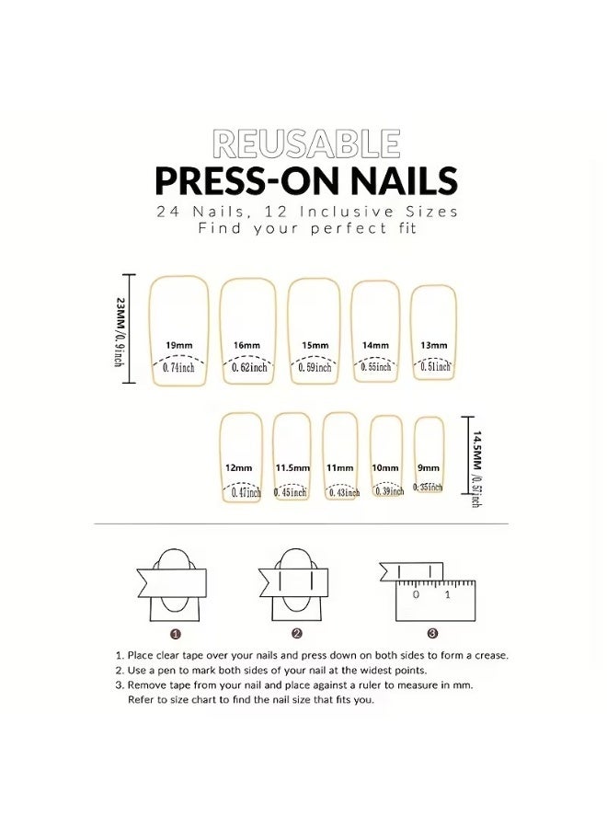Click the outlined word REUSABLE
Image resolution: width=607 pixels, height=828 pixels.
pos(306,144)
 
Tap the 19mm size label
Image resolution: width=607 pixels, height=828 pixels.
pos(178,345)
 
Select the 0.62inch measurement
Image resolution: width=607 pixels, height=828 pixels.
pos(246,367)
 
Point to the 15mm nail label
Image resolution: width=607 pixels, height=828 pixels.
pos(315,345)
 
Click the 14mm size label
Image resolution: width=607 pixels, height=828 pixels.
pos(375,345)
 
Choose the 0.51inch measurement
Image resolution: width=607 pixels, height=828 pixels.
pos(433,366)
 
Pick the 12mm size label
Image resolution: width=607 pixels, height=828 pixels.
pos(238,467)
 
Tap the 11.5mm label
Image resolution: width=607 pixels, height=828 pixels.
pos(292,467)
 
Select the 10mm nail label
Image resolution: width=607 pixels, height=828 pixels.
pos(384,467)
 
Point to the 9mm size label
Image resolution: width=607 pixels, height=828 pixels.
pos(428,467)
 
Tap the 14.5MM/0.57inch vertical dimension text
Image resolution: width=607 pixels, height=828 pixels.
pos(476,467)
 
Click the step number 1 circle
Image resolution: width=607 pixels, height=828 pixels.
pos(176,633)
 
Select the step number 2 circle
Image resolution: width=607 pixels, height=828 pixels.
pos(297,633)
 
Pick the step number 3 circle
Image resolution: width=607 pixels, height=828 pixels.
pos(431,633)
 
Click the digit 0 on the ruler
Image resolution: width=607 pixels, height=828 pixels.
pos(416,595)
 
